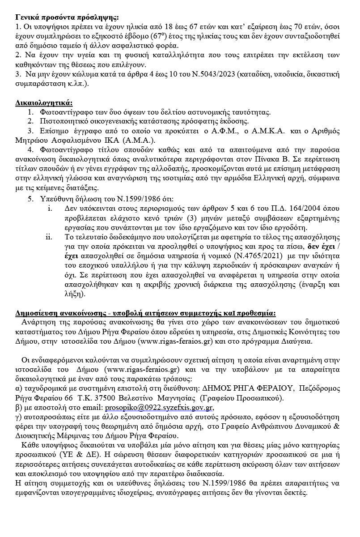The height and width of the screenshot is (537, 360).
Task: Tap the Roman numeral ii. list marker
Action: click(x=49, y=237)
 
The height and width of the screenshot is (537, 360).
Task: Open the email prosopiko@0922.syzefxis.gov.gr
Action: click(x=159, y=408)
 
